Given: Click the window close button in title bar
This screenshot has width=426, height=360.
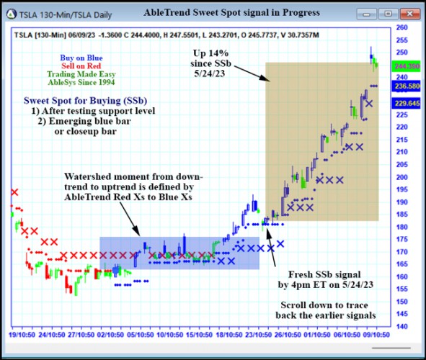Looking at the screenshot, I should pos(410,12).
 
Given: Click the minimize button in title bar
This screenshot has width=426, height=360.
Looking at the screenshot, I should pos(371,12).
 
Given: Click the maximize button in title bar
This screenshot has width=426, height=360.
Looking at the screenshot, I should pos(391,12).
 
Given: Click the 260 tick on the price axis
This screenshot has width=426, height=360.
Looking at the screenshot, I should pos(402,28).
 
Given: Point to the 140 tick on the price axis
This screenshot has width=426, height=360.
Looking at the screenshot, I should pos(402,326).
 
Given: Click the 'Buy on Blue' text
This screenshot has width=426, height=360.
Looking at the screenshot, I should pos(81,55).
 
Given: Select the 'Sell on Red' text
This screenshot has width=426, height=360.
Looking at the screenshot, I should pos(81,65).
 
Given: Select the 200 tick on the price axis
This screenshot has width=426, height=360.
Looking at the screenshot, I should pos(402,177).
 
